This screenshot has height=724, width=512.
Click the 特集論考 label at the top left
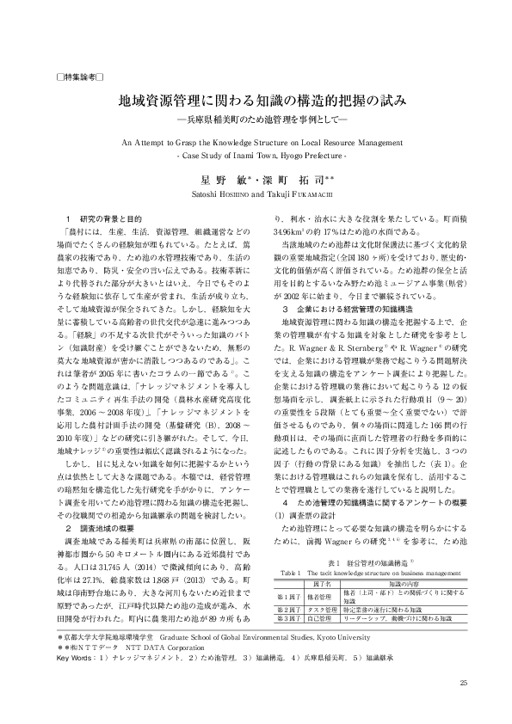click(x=79, y=77)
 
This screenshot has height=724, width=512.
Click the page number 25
click(x=464, y=684)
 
